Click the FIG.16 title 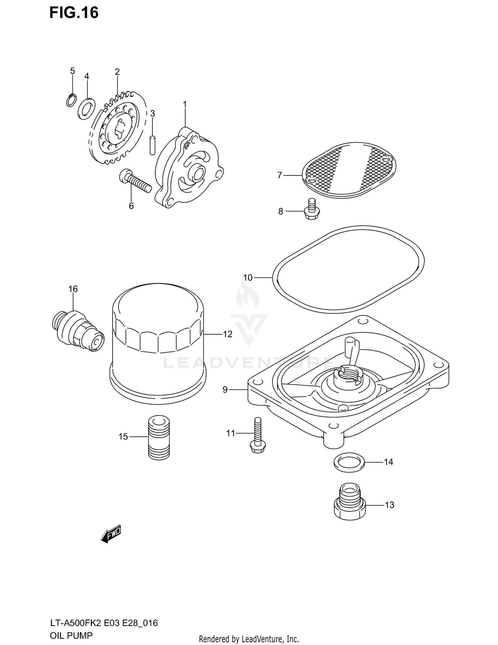click(74, 13)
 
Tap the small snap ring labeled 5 click(71, 100)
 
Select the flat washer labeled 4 click(86, 108)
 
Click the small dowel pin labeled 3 click(152, 145)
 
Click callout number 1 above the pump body click(185, 105)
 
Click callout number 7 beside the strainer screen click(280, 175)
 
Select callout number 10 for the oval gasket click(248, 277)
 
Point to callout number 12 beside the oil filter click(227, 334)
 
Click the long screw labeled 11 click(258, 435)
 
